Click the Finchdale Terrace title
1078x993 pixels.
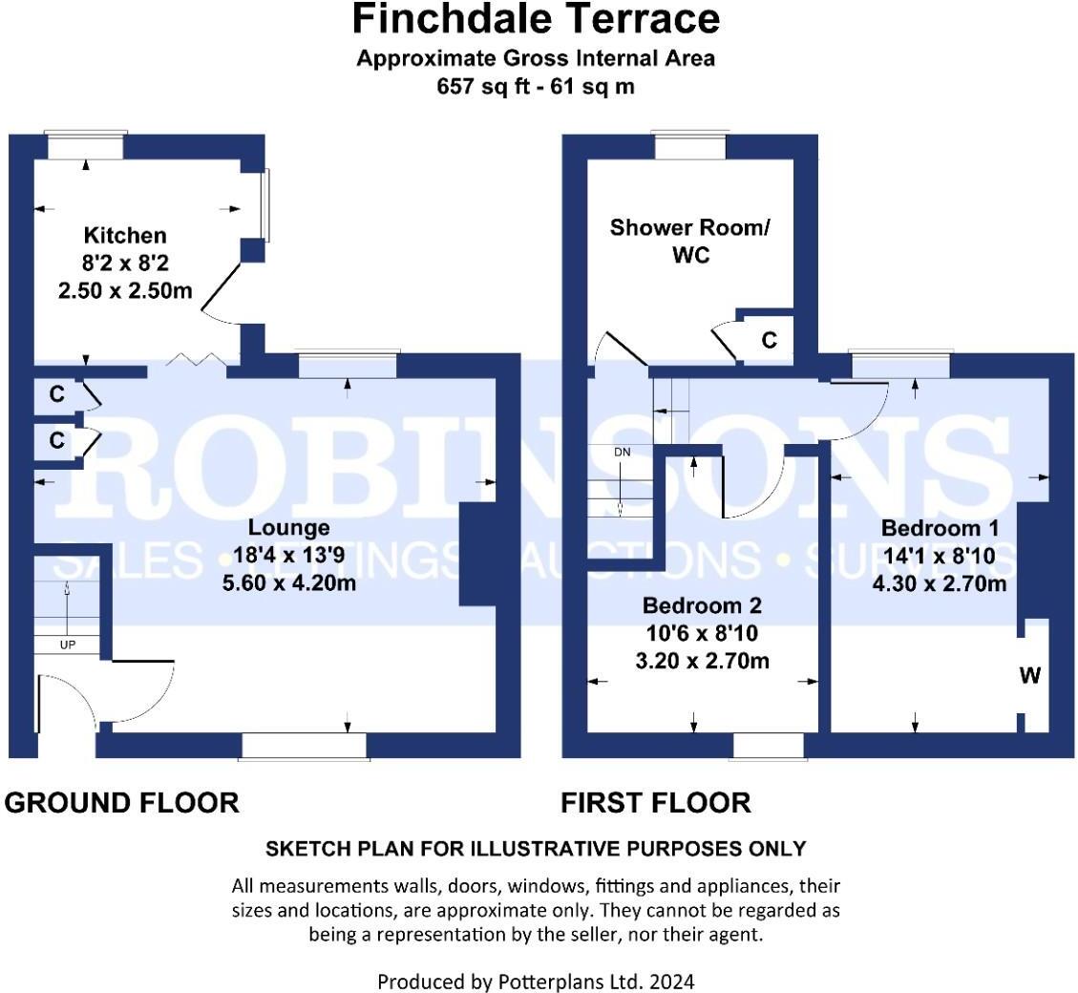pyautogui.click(x=536, y=19)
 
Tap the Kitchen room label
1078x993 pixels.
pyautogui.click(x=125, y=235)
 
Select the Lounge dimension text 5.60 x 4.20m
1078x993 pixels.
pyautogui.click(x=288, y=581)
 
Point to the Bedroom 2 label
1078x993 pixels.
pyautogui.click(x=702, y=605)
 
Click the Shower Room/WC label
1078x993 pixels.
pyautogui.click(x=689, y=241)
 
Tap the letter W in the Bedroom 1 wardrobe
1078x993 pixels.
pyautogui.click(x=1029, y=676)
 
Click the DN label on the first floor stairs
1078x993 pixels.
pyautogui.click(x=622, y=452)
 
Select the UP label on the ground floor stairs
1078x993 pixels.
pyautogui.click(x=68, y=644)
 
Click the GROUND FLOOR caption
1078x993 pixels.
pyautogui.click(x=121, y=803)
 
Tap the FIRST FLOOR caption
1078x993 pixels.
pyautogui.click(x=655, y=803)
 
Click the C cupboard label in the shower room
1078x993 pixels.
pyautogui.click(x=769, y=340)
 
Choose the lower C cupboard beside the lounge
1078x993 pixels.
pyautogui.click(x=56, y=440)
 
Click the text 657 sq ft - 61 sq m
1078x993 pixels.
pyautogui.click(x=536, y=86)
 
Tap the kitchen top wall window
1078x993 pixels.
pyautogui.click(x=86, y=146)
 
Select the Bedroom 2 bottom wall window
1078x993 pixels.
pyautogui.click(x=768, y=746)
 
